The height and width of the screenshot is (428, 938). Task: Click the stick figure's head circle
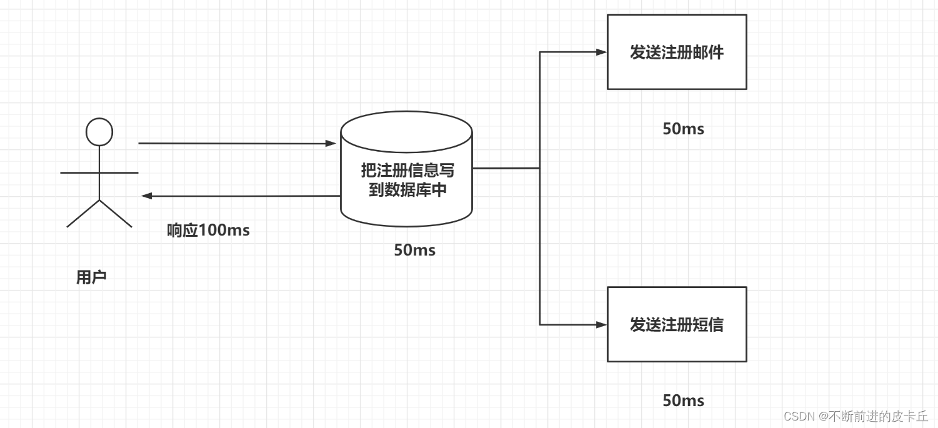coord(99,132)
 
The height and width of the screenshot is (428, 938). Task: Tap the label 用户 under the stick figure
coord(91,277)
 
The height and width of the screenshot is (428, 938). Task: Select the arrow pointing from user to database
coord(237,144)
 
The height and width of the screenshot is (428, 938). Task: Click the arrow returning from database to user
coord(241,196)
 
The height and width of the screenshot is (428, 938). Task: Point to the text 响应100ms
coord(208,231)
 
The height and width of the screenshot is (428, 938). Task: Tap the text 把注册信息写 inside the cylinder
coord(407,171)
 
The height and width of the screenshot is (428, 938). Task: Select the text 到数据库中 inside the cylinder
coord(407,190)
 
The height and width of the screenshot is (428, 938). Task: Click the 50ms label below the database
coord(414,251)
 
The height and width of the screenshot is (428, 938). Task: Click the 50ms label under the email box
coord(683,129)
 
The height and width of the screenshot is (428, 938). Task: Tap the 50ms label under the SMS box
coord(683,401)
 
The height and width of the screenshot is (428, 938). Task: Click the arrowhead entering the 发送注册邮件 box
coord(601,52)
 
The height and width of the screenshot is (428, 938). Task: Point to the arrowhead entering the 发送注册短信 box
coord(601,325)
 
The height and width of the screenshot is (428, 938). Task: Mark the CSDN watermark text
coord(856,416)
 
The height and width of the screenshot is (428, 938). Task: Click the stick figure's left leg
coord(83,214)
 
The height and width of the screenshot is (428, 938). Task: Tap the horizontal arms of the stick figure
coord(99,172)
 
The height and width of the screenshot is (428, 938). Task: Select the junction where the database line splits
coord(540,168)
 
